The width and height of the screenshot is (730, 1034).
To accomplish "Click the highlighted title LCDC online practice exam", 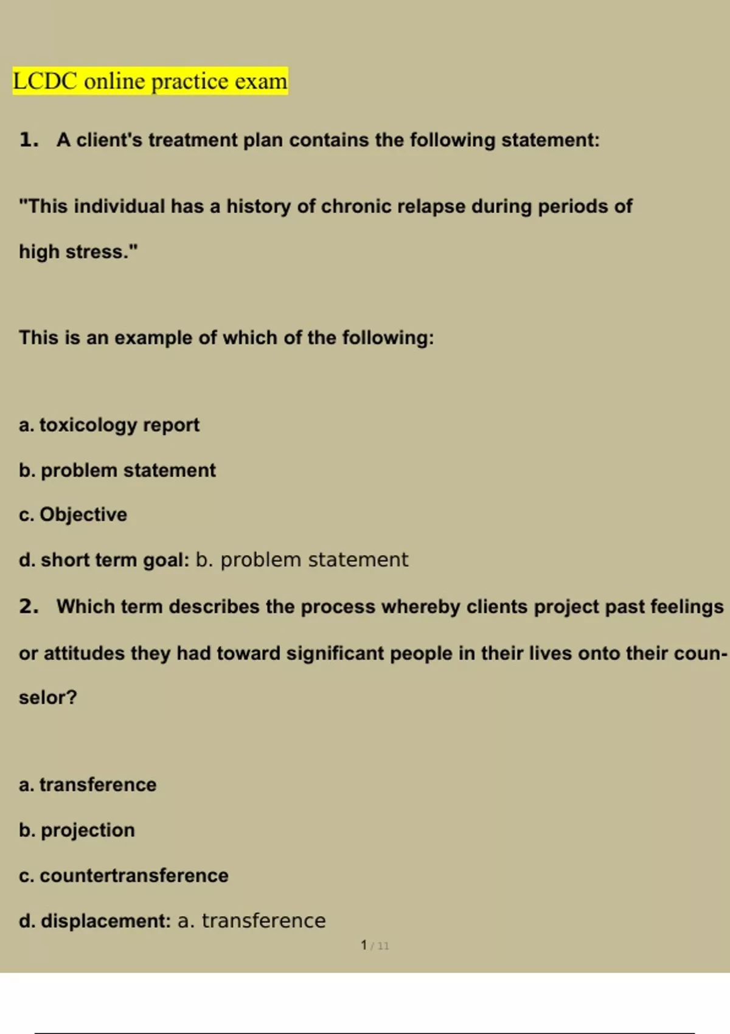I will coord(150,81).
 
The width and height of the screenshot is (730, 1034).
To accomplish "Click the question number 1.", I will coord(28,140).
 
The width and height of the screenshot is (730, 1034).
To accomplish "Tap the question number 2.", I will coord(28,606).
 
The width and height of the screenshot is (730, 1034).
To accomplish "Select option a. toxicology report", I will coord(109,425).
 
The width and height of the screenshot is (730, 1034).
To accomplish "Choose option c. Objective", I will coord(73,515).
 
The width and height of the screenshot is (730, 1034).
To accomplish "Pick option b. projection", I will coord(77,830).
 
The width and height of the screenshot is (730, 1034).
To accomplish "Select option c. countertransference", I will coord(123,875).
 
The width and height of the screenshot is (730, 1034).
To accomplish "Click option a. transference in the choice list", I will coord(88,785).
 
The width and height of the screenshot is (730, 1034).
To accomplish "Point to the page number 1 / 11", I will coord(374,945).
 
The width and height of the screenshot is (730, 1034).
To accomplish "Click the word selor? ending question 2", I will coord(48,697).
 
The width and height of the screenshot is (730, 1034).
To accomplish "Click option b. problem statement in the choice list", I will coord(117,470).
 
